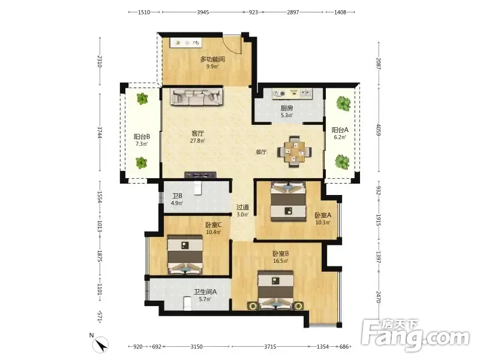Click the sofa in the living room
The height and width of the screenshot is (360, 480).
[x=197, y=97]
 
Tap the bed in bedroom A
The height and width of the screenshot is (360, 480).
[x=289, y=201]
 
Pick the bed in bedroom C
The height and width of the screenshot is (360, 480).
[x=185, y=254]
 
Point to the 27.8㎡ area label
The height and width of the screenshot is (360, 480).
[x=197, y=141]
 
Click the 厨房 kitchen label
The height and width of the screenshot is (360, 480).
[x=287, y=108]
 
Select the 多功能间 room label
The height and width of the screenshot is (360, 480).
[x=212, y=59]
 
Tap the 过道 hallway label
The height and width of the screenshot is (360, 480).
[x=242, y=207]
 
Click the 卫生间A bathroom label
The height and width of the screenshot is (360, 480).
[x=205, y=292]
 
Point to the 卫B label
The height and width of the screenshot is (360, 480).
[x=177, y=196]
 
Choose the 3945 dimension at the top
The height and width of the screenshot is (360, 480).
[x=203, y=12]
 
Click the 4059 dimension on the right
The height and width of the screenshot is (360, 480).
[x=379, y=130]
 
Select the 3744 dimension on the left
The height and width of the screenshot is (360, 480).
[x=100, y=132]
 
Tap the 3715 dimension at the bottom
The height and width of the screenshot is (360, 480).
[x=270, y=347]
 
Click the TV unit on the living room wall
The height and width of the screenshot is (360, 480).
[x=201, y=175]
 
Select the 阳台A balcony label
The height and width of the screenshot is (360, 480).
[x=340, y=130]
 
